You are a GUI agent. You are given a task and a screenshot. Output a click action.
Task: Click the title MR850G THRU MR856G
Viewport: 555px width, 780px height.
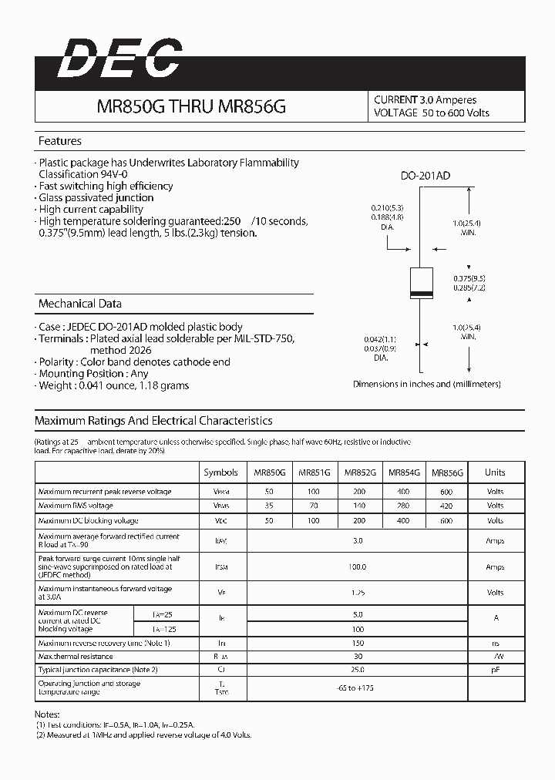(x=190, y=107)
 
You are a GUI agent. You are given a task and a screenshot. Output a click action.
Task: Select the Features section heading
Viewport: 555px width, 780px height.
(x=60, y=141)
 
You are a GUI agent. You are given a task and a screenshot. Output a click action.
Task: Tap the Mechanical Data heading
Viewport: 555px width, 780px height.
(x=80, y=304)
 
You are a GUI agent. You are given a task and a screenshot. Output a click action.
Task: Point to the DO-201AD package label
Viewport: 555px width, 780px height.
(x=425, y=177)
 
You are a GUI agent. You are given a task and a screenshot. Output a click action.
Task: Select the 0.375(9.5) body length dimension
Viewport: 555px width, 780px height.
(x=469, y=277)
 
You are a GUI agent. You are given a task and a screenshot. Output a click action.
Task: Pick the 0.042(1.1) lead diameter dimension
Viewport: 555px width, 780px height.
(x=380, y=339)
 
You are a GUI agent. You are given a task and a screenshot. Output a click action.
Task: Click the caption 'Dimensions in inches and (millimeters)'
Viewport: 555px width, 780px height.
(x=426, y=383)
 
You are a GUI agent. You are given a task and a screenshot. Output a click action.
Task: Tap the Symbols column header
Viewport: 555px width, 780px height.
(x=220, y=472)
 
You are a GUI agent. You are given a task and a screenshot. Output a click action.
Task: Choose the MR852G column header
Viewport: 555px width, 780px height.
(x=360, y=472)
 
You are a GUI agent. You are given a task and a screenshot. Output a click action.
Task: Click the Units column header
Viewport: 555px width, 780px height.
(x=495, y=472)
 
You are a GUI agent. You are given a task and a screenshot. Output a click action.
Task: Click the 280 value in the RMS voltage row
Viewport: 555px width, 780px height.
(x=404, y=506)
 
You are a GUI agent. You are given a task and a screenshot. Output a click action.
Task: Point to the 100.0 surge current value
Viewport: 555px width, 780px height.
(x=358, y=567)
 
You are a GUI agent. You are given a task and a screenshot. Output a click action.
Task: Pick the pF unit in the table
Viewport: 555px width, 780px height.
(x=495, y=671)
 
